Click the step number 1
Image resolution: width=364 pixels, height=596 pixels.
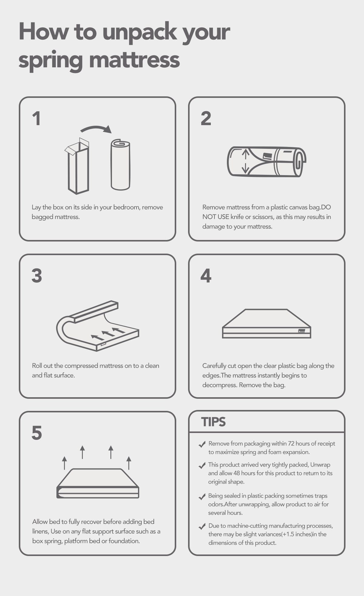tap(36, 118)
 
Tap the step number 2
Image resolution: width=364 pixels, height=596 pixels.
tap(206, 118)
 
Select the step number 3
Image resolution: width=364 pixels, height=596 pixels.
tap(37, 276)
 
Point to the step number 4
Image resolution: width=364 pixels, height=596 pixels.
tap(206, 276)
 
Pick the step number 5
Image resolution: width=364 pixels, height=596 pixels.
tap(37, 433)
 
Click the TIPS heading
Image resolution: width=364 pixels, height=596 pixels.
tap(214, 422)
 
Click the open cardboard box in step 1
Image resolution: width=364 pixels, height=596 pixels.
tap(77, 166)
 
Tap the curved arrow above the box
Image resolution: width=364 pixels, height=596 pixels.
tap(96, 128)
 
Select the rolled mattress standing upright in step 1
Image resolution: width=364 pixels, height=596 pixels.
tap(120, 165)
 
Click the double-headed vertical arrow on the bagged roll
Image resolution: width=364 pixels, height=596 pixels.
tap(245, 161)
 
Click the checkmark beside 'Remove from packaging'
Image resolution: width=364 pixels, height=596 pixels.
tap(202, 445)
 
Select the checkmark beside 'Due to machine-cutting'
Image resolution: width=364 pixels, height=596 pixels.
tap(202, 527)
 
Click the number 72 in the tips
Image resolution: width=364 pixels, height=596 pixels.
tap(291, 444)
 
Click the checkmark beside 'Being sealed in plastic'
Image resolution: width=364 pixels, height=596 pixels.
tap(202, 497)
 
